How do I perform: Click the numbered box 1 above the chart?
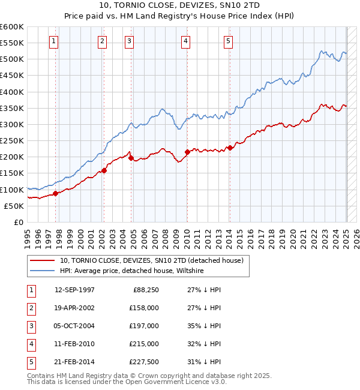coord(54,41)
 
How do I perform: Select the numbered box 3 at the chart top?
coord(129,41)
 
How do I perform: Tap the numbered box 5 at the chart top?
coord(229,41)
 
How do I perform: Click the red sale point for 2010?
coord(187,152)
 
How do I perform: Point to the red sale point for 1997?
coord(55,193)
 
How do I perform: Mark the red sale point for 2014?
coord(230,148)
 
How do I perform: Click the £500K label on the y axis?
coord(12,59)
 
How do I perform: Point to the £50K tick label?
coord(14,206)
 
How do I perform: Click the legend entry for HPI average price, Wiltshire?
coord(131,271)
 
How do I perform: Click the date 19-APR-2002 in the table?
coord(74,308)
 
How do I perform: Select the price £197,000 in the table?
coord(144,326)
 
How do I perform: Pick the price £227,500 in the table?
coord(144,362)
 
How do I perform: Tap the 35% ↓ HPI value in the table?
coord(204,326)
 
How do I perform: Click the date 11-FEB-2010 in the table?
coord(74,344)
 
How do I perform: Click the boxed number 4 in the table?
coord(31,344)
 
